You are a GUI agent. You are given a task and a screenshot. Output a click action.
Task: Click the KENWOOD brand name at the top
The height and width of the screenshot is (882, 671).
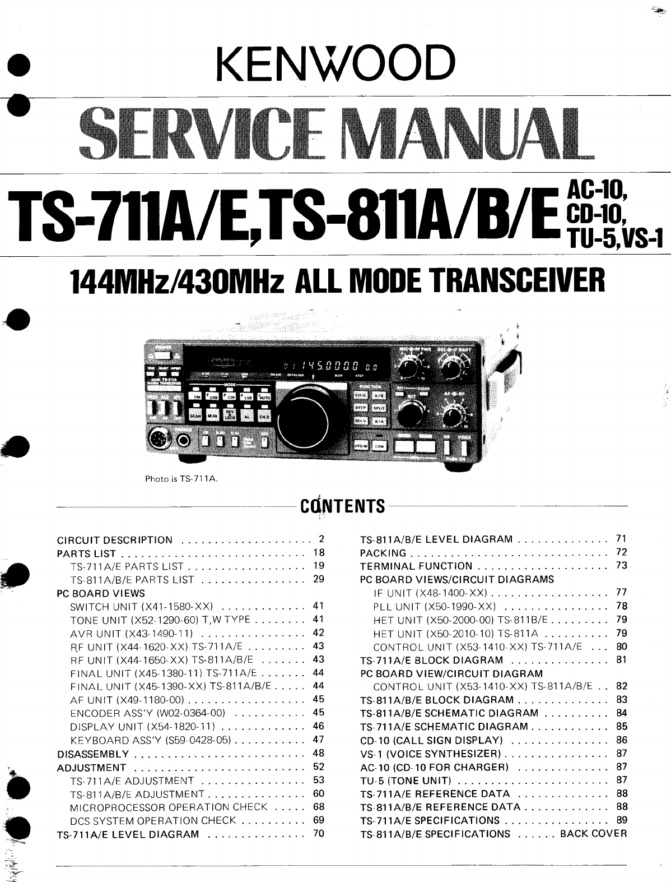pyautogui.click(x=334, y=64)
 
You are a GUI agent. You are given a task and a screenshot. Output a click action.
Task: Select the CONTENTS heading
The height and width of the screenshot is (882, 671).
pyautogui.click(x=342, y=506)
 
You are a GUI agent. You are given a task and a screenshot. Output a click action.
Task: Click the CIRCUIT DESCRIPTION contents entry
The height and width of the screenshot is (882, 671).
pyautogui.click(x=115, y=540)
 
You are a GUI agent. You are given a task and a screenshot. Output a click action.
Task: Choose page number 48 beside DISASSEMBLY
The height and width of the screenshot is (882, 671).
pyautogui.click(x=319, y=753)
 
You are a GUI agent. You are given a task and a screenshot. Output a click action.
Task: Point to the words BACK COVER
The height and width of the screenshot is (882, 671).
pyautogui.click(x=594, y=833)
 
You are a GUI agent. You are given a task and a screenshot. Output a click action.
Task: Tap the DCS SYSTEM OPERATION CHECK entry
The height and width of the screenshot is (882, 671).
pyautogui.click(x=153, y=820)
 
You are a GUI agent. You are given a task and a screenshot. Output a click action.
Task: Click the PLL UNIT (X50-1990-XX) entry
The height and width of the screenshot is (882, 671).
pyautogui.click(x=435, y=606)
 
